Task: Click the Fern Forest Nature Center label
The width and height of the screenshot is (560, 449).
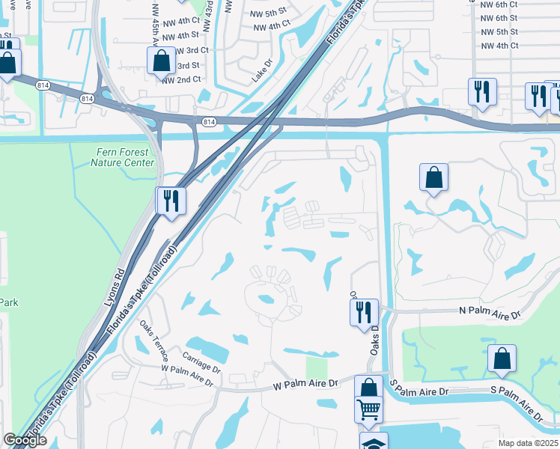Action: (124, 157)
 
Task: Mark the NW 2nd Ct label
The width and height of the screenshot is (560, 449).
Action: (181, 79)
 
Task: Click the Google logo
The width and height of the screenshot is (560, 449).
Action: (25, 440)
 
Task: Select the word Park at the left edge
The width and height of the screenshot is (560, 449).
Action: (8, 302)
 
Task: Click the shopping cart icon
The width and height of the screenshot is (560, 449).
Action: (368, 410)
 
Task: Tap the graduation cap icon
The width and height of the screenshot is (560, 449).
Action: (374, 442)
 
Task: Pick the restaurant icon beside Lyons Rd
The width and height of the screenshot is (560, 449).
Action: (171, 201)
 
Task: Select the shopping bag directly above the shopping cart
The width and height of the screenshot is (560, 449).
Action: (368, 388)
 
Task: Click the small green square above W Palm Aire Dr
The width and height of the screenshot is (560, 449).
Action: (317, 368)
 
